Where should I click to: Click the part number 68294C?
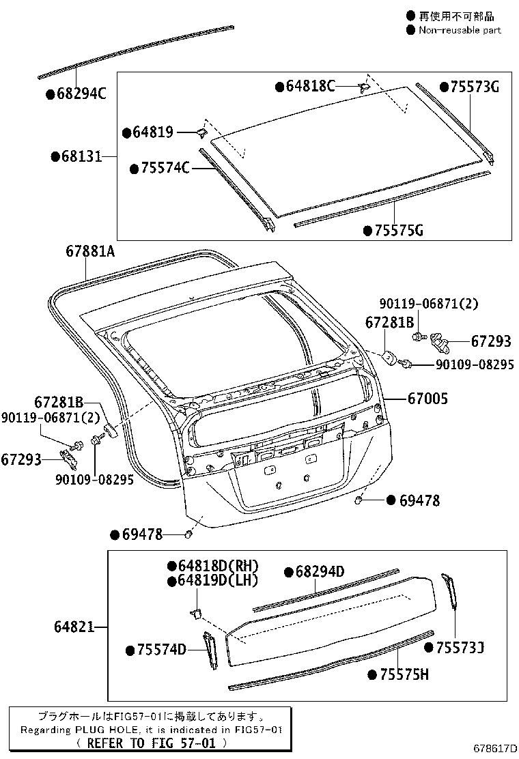(x=81, y=95)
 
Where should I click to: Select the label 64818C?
(x=311, y=87)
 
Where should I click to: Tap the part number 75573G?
(x=475, y=87)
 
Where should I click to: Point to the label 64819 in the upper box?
(x=154, y=132)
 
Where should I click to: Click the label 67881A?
(x=90, y=251)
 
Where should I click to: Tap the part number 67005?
(x=428, y=398)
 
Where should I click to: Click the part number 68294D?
(x=320, y=571)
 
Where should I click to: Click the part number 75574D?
(x=162, y=650)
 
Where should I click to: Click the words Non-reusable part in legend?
(x=460, y=30)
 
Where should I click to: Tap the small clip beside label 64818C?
(x=363, y=86)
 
